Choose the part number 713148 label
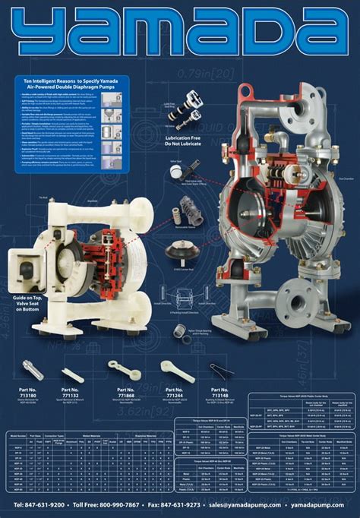click(x=219, y=393)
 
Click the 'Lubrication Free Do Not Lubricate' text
click(x=194, y=141)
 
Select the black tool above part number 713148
click(x=219, y=369)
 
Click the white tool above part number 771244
click(x=175, y=370)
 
